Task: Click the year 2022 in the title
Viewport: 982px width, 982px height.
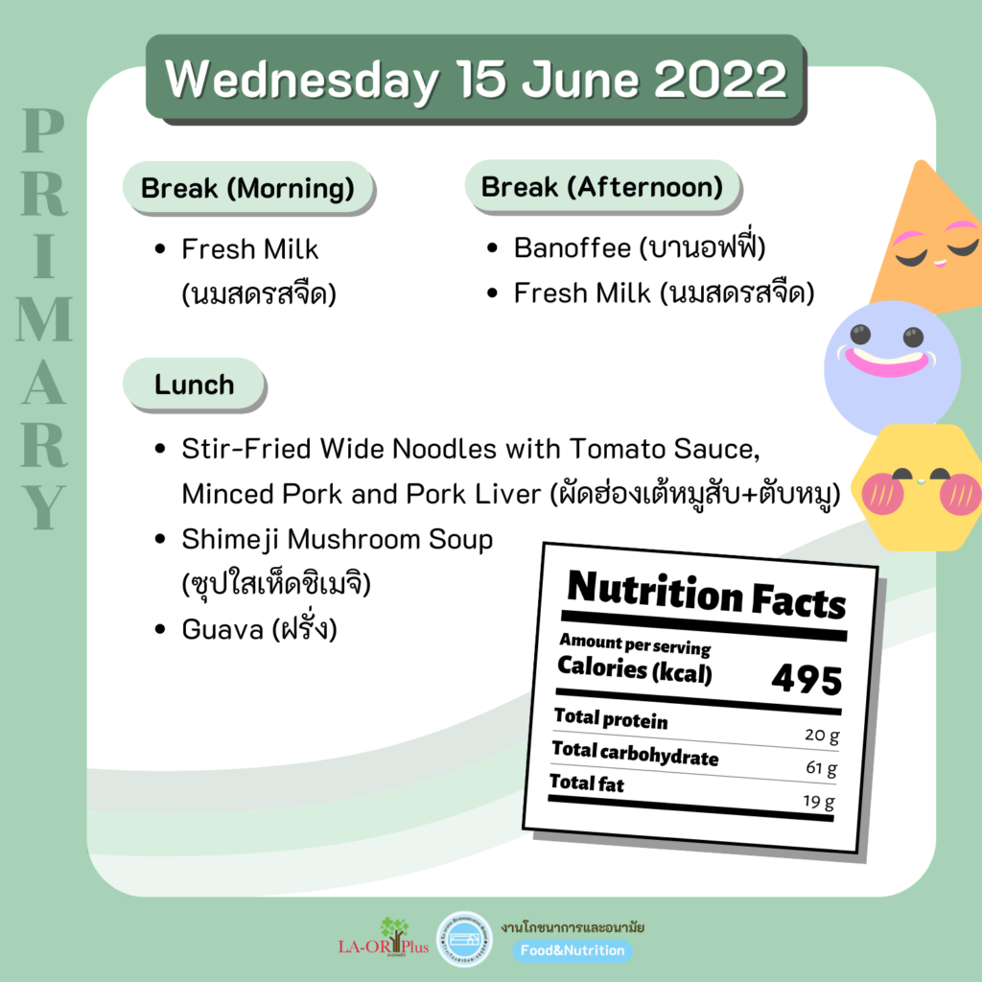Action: click(x=719, y=80)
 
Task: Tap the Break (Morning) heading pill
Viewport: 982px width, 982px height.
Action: click(x=247, y=187)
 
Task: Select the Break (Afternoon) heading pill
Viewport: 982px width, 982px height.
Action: click(x=602, y=186)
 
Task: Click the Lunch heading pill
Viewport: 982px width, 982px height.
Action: click(x=194, y=384)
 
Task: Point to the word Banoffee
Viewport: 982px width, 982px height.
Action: click(x=572, y=248)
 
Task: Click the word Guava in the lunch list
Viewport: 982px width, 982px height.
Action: click(x=222, y=629)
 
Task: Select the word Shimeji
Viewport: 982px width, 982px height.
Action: click(x=229, y=540)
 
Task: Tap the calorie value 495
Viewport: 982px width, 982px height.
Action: click(x=807, y=680)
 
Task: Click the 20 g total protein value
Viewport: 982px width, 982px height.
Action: click(x=822, y=735)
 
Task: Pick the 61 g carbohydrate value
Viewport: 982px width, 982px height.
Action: click(x=821, y=768)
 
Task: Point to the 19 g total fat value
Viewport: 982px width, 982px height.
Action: click(x=819, y=802)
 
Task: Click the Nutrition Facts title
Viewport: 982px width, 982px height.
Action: click(x=706, y=595)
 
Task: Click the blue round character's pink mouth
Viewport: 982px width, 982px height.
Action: click(x=887, y=362)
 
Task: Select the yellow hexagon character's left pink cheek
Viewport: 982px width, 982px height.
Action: click(x=882, y=494)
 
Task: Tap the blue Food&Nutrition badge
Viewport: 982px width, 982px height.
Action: click(x=573, y=950)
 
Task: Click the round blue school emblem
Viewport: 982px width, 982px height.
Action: click(x=464, y=939)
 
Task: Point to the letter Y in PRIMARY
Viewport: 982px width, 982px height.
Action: click(x=44, y=507)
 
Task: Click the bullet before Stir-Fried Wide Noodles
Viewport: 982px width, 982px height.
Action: click(x=160, y=449)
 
